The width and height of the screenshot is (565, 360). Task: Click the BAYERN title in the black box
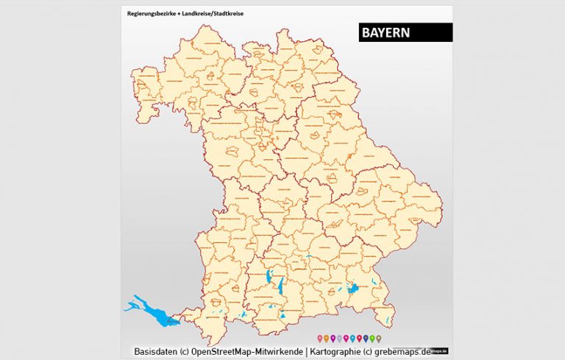(386, 33)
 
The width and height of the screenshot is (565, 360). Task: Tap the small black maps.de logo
(441, 350)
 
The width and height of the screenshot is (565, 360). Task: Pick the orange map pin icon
(327, 338)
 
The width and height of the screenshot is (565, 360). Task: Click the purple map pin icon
(333, 338)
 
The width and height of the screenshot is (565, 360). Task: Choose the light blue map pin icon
(352, 338)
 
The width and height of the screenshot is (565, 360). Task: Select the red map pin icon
(359, 338)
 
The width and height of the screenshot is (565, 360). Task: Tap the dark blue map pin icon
(366, 338)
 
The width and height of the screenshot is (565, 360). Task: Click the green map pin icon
(372, 338)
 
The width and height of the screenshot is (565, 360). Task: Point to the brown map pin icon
(379, 338)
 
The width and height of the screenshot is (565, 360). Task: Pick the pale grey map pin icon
(339, 338)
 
